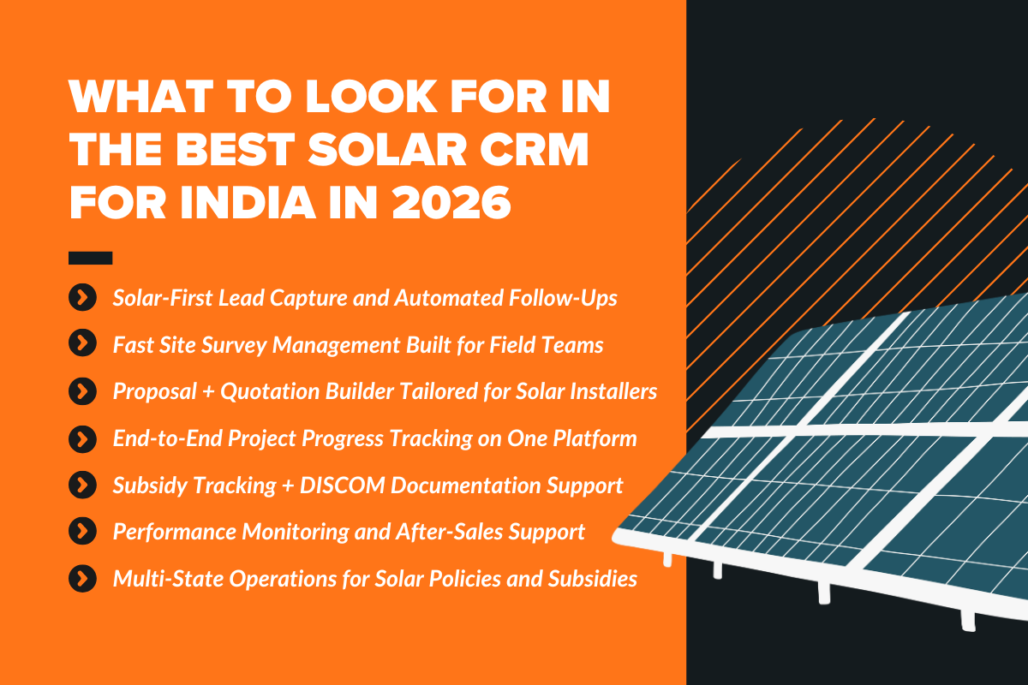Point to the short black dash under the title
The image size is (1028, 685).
click(x=90, y=257)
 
